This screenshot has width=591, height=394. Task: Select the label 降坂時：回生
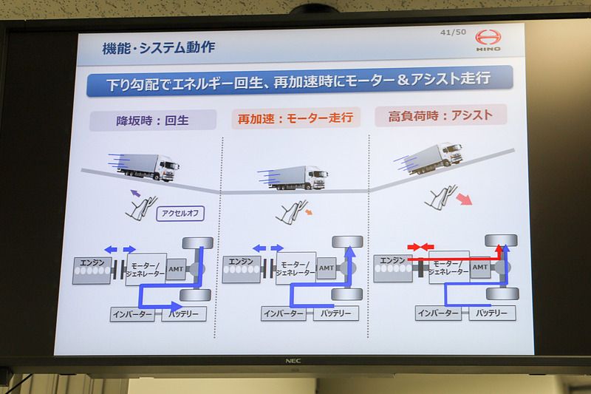tap(153, 120)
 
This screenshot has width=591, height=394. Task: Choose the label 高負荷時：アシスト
tap(440, 115)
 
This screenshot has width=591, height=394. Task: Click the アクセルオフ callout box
tap(180, 214)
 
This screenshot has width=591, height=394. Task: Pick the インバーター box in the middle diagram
tap(284, 313)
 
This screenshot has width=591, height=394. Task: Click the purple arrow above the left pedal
tap(135, 194)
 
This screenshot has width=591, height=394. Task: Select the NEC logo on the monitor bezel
tap(295, 362)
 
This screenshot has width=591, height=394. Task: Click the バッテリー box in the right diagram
tap(492, 313)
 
